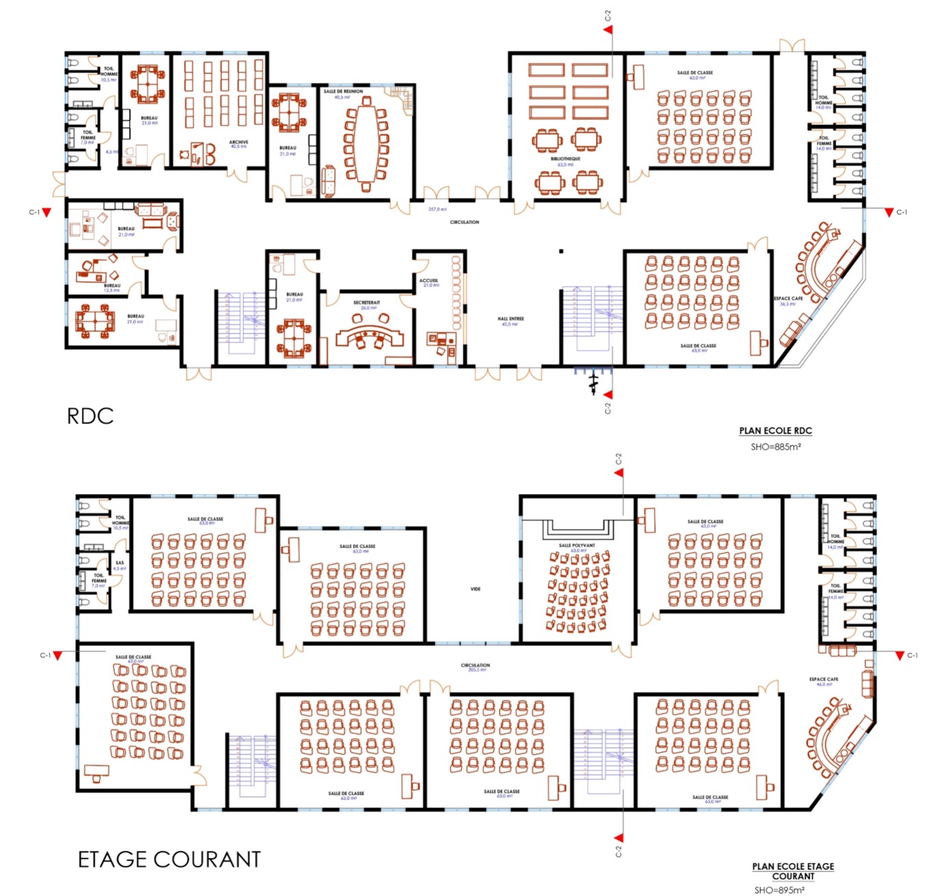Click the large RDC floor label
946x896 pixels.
point(90,416)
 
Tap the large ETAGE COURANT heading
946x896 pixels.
point(169,860)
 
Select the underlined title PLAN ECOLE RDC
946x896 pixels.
point(775,431)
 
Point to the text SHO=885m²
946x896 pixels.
point(775,447)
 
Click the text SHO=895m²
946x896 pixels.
point(779,890)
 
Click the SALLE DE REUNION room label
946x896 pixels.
point(343,91)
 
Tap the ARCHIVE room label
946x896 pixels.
point(239,142)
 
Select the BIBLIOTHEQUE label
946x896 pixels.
point(565,158)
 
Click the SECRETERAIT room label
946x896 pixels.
point(367,303)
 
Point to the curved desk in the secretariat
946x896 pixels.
point(369,335)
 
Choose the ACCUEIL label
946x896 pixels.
point(428,281)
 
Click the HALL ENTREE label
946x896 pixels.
point(511,319)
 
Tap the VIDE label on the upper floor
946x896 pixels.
point(475,589)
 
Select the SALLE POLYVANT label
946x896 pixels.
point(577,545)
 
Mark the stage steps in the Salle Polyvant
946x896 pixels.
point(577,530)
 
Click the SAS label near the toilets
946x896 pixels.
point(120,563)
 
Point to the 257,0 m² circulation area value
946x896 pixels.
point(437,209)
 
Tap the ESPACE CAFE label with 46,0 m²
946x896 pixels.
point(823,680)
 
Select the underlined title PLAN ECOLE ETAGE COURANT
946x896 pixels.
point(793,871)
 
